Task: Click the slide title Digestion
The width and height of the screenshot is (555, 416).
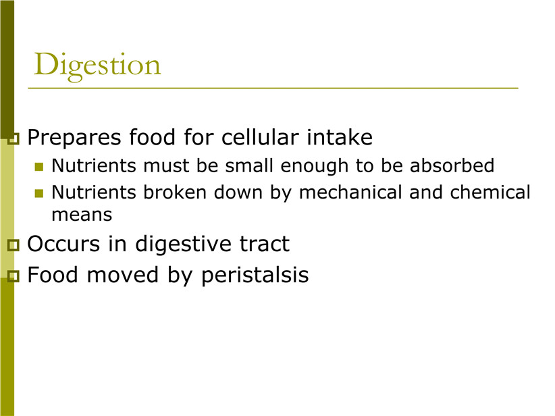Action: click(x=97, y=66)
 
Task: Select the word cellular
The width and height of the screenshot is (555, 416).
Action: click(x=260, y=137)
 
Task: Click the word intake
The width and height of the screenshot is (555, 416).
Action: click(x=340, y=137)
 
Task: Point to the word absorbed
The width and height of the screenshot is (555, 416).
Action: click(x=452, y=165)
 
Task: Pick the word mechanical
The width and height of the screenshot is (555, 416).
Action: click(x=350, y=192)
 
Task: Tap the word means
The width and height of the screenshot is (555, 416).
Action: click(x=82, y=215)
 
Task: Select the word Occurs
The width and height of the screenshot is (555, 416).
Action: click(x=63, y=244)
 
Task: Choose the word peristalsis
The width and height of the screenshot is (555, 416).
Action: click(x=255, y=276)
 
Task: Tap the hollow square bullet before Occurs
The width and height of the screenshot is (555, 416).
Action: click(x=13, y=245)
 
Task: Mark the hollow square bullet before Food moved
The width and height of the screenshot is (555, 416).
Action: click(x=13, y=276)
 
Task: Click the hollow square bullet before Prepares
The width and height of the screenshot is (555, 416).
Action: click(x=13, y=138)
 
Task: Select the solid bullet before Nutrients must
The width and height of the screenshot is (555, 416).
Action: click(x=39, y=166)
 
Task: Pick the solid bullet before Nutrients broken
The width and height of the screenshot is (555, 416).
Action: click(x=39, y=193)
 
